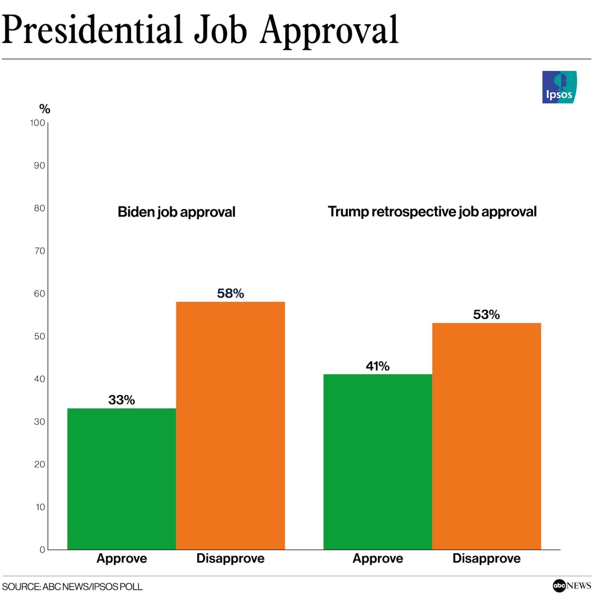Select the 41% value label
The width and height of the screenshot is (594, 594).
coord(378,366)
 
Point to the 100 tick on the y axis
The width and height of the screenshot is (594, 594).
coord(38,123)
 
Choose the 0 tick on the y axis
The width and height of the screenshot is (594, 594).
coord(42,550)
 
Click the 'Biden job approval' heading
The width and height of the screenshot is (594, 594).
coord(177,212)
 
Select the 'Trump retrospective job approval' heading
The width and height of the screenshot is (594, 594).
coord(432,212)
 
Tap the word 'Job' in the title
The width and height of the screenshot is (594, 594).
coord(220,31)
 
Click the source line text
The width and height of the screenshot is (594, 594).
coord(72,587)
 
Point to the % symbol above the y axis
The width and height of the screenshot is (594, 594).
coord(45,109)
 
